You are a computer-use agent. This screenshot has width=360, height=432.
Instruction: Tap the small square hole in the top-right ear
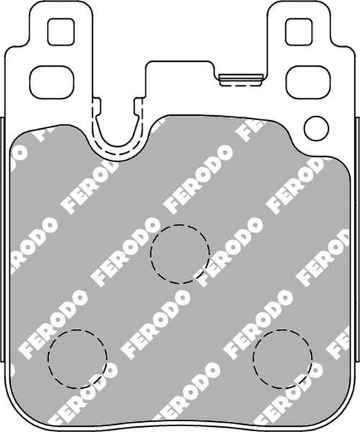pyautogui.click(x=297, y=30)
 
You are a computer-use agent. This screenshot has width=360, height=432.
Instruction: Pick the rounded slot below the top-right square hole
pyautogui.click(x=307, y=81)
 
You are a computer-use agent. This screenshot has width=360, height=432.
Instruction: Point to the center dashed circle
pyautogui.click(x=180, y=253)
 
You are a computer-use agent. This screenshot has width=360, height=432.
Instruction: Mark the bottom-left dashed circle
pyautogui.click(x=77, y=358)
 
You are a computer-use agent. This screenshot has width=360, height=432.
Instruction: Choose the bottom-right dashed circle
pyautogui.click(x=283, y=358)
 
